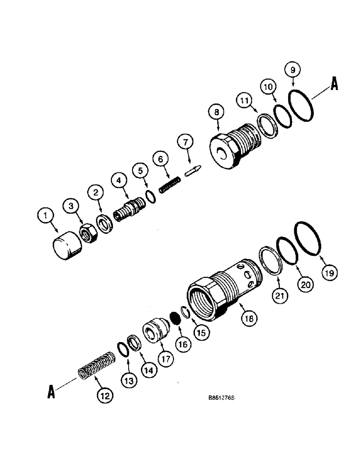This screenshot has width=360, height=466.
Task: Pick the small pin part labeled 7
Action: pos(193,170)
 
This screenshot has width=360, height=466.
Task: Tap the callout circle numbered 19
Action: pos(329,274)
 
